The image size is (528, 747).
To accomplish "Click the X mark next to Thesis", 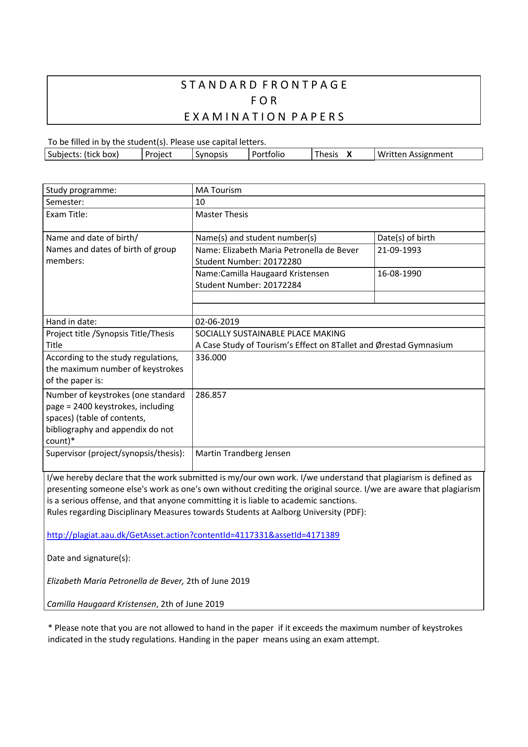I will click(349, 155).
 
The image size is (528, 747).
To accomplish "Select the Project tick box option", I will click(158, 155).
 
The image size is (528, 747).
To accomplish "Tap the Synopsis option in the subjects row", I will click(211, 155).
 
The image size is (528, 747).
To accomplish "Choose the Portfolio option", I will click(268, 155).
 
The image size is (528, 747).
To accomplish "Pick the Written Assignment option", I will click(415, 155).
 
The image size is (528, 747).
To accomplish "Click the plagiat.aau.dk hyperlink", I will click(193, 535).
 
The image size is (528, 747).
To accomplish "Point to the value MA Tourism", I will click(218, 190).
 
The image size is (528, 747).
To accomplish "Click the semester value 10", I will click(200, 202).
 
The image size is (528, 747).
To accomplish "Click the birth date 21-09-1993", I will click(399, 250).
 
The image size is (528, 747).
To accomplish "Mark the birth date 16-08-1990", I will click(399, 274).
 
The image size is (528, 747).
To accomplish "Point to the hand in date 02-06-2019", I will click(217, 322).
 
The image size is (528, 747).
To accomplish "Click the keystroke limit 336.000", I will click(211, 358).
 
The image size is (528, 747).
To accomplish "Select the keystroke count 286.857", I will click(211, 395).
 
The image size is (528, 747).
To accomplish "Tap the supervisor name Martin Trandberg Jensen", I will click(243, 454).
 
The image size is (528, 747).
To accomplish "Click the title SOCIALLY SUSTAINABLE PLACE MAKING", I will click(270, 334).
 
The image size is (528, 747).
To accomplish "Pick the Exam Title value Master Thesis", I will click(221, 215).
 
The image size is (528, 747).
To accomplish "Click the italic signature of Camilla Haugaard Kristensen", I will click(102, 604).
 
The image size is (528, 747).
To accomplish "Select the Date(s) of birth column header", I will click(406, 238).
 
